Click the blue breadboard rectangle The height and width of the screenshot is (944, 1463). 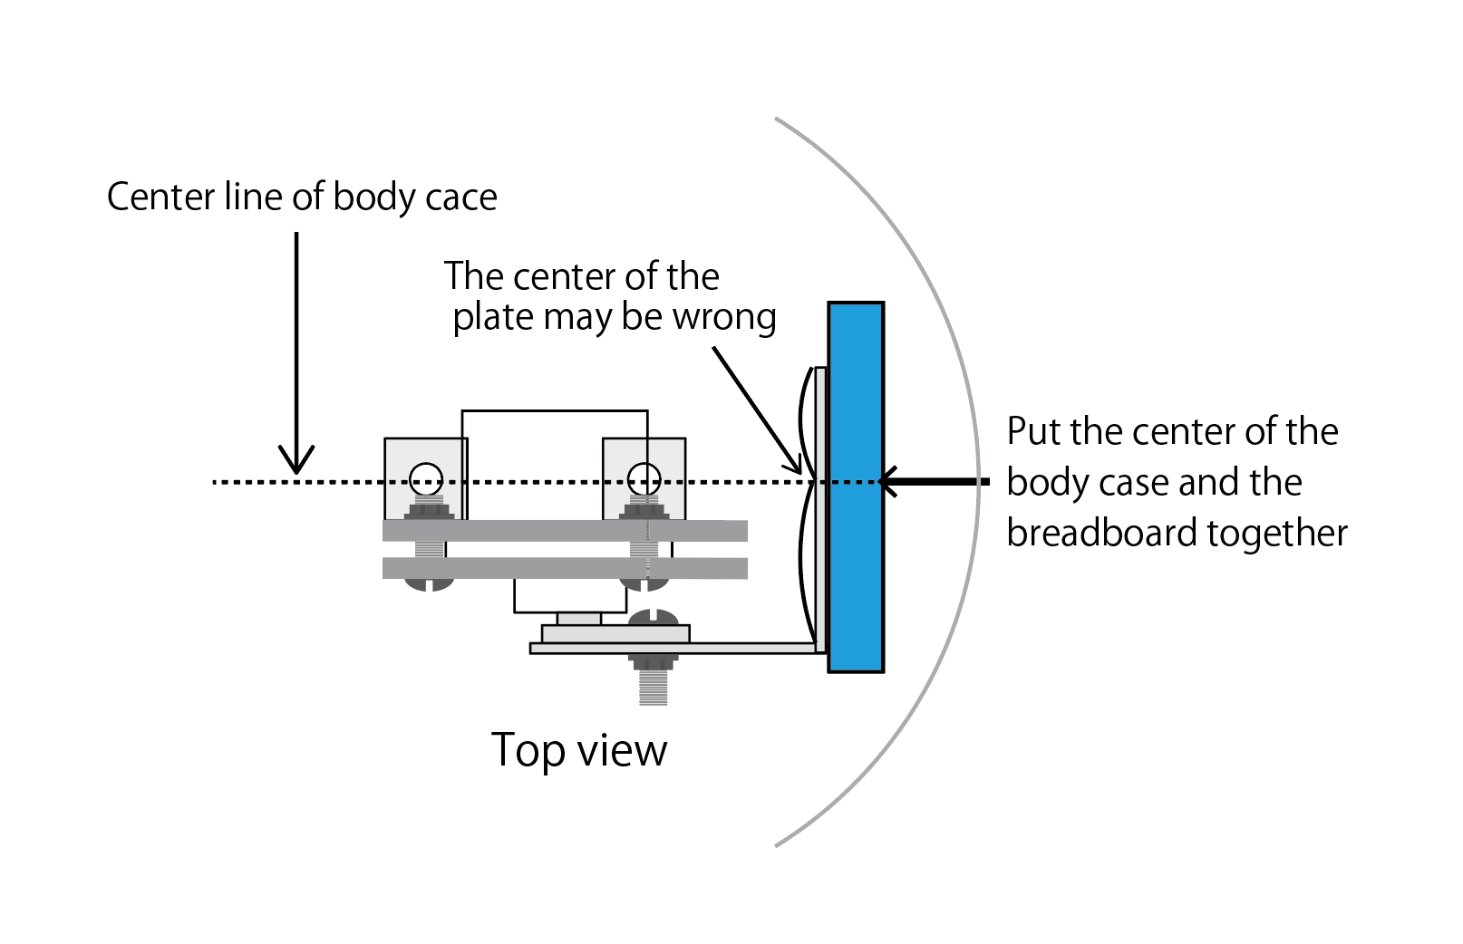pos(856,562)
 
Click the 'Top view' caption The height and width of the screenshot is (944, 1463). pos(578,751)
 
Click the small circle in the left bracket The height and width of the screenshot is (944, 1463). pos(426,478)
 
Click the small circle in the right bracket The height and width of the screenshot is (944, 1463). pos(644,478)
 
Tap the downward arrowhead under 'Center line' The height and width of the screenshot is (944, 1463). pos(296,462)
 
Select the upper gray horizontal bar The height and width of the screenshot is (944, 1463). pos(565,531)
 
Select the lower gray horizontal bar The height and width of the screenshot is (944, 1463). pos(565,568)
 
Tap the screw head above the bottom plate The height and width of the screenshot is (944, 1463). pos(653,618)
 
